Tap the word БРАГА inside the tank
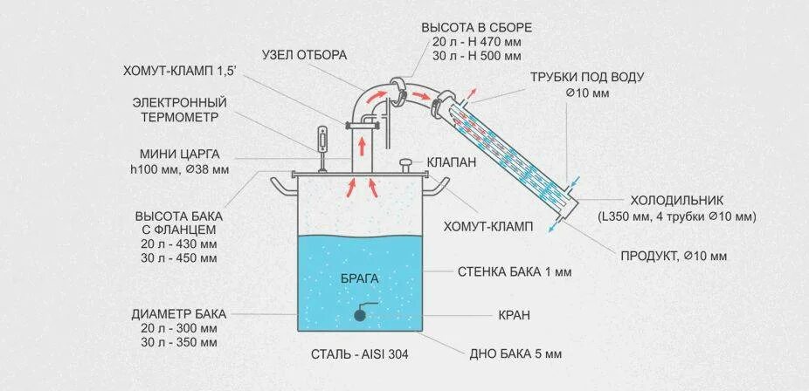[361, 278]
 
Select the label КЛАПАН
[451, 162]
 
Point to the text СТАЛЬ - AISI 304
[359, 354]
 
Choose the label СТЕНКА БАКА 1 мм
[514, 271]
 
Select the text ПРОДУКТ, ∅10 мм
[674, 256]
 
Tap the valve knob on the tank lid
[405, 162]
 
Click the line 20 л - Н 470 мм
[476, 42]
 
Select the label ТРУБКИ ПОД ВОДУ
[587, 77]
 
